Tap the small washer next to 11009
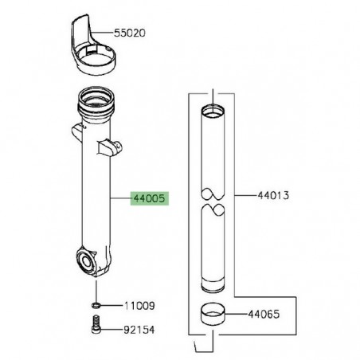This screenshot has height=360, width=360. coord(95,305)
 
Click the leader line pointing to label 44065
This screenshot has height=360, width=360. coord(241,315)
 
